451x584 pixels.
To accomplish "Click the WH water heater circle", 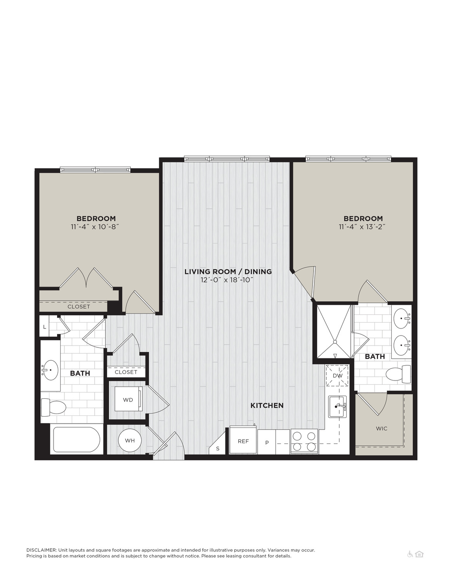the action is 130,440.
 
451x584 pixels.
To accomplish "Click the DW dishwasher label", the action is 338,376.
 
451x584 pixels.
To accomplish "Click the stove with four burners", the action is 304,441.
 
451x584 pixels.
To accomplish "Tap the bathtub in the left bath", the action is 76,440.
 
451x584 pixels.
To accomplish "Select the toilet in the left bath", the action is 53,407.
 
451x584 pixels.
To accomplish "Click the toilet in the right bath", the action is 398,374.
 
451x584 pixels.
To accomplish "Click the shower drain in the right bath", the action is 335,342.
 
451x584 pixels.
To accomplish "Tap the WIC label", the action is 382,428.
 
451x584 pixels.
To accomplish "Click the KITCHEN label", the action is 267,405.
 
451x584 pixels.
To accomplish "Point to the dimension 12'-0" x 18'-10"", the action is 227,280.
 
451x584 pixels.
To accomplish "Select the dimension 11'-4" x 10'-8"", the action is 95,226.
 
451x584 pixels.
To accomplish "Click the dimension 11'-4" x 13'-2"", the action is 362,226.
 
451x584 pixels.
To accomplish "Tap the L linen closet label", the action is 45,327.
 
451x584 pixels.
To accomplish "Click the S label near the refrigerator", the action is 218,448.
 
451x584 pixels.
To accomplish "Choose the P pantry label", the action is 267,443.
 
